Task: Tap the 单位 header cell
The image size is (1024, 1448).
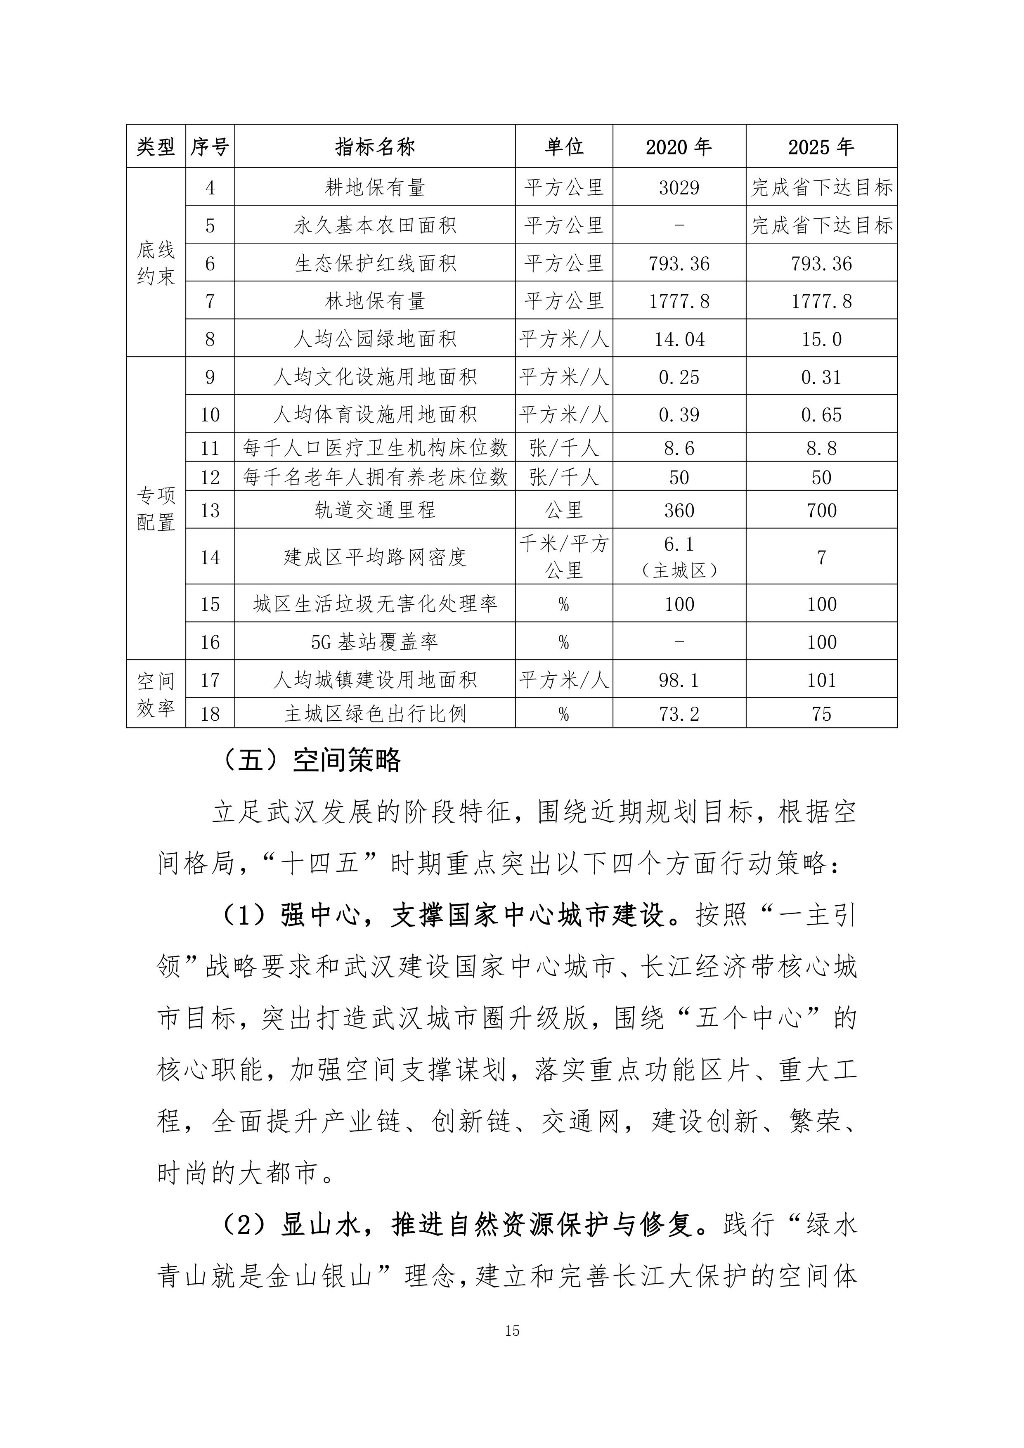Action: [x=564, y=147]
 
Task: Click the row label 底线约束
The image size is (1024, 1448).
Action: [x=156, y=263]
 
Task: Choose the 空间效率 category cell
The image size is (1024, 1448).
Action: [x=156, y=694]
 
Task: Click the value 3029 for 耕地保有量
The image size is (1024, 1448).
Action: [x=679, y=187]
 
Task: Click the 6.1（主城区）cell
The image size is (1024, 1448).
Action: [x=679, y=556]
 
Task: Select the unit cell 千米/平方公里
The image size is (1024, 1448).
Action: [x=564, y=556]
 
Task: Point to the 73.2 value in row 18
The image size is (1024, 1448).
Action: [x=679, y=714]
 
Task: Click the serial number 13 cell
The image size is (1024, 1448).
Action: [x=210, y=510]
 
